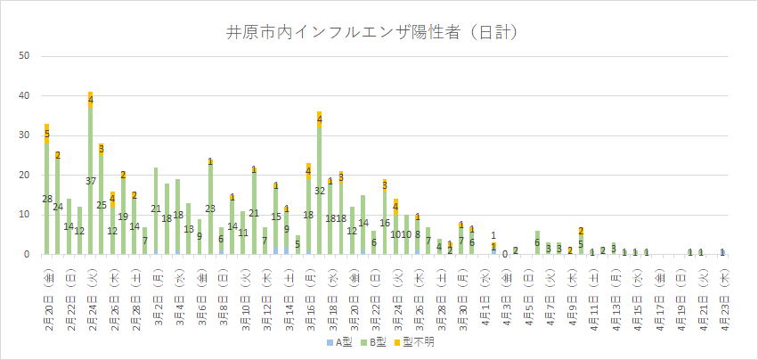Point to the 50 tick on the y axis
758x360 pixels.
[25, 56]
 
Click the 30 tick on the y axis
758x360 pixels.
[25, 135]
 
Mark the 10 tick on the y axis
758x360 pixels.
[25, 215]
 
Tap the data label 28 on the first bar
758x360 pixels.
[46, 199]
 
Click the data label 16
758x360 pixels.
[385, 223]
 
